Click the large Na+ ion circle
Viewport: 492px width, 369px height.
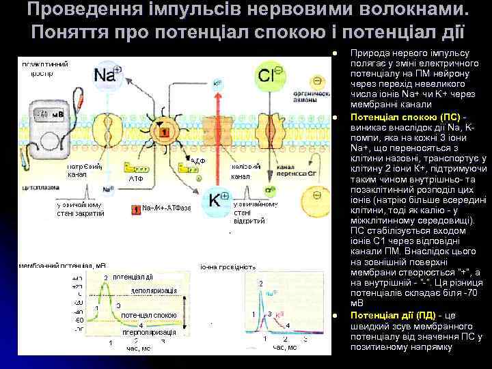click(x=107, y=73)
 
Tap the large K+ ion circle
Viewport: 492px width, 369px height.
click(x=218, y=199)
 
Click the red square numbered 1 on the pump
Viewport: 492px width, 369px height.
click(x=163, y=130)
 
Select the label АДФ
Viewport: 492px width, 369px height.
click(x=197, y=161)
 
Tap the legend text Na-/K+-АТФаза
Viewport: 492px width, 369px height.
click(x=167, y=208)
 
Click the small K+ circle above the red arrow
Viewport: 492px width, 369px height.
click(x=218, y=84)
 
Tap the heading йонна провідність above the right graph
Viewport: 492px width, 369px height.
click(x=228, y=266)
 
